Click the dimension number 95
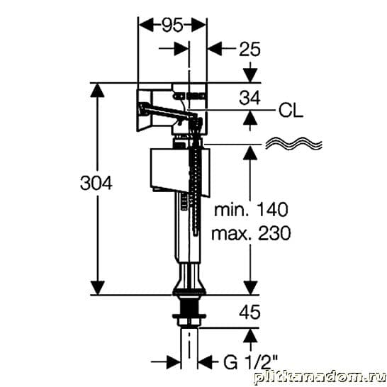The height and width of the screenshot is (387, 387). click(x=172, y=25)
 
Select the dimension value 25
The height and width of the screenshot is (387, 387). click(x=249, y=49)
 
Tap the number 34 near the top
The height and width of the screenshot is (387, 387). click(x=249, y=98)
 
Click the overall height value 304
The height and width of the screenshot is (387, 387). click(x=96, y=184)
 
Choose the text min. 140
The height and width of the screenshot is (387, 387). click(x=251, y=210)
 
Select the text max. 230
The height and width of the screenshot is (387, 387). click(x=251, y=233)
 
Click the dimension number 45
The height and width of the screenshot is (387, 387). click(x=249, y=312)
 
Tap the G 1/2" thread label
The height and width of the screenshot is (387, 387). click(x=251, y=362)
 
